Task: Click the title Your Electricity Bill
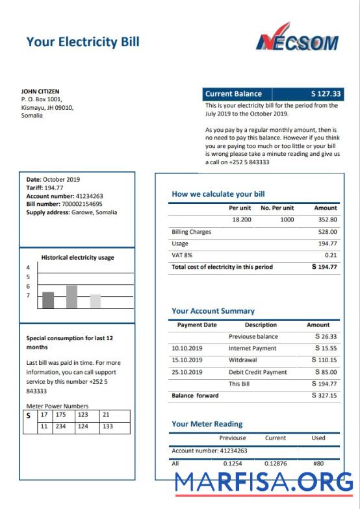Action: pos(83,42)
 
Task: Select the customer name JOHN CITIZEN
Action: pos(40,92)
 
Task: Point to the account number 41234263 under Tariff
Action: pos(89,195)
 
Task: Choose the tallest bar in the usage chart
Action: pos(71,297)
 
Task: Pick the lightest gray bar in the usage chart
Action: pos(96,301)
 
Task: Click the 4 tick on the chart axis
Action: pos(28,267)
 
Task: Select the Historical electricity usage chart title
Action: pos(77,257)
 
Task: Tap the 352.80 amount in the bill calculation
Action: pos(326,220)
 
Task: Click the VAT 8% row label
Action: pos(182,255)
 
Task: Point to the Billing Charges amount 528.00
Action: pos(327,232)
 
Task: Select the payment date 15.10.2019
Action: pos(186,360)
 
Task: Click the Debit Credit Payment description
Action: pos(257,372)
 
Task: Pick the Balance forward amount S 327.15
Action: pos(324,395)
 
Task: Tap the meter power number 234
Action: pos(60,427)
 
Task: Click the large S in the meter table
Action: pos(29,415)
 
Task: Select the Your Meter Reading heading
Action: pos(207,424)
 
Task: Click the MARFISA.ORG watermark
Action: pos(264,482)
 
